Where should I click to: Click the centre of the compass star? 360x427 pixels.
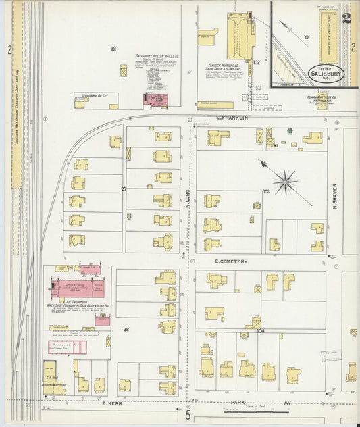tap(286, 181)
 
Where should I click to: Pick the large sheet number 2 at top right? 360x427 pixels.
tap(346, 18)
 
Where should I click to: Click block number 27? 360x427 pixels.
tap(124, 189)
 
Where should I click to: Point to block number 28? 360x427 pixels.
tap(126, 329)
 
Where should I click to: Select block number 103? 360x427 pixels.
tap(267, 191)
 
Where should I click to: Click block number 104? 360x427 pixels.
tap(260, 330)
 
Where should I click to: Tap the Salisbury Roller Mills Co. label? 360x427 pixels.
tap(156, 56)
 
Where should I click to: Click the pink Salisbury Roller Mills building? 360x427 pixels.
tap(157, 100)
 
